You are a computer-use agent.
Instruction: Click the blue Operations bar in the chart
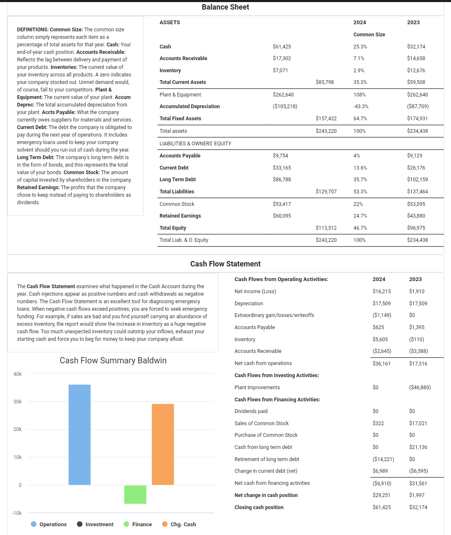[79, 434]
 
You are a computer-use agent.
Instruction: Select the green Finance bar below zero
[135, 494]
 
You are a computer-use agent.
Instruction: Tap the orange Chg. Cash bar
[163, 444]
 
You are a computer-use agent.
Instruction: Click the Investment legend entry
[95, 524]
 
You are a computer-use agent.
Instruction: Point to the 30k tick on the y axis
[18, 401]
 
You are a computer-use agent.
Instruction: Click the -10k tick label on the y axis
[17, 513]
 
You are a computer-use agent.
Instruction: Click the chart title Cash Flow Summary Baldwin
[113, 360]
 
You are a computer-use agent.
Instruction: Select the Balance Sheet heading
[225, 7]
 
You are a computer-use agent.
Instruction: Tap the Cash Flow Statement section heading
[225, 264]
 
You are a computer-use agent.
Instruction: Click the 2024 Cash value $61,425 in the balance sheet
[282, 47]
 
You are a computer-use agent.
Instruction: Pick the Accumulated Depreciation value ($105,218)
[285, 106]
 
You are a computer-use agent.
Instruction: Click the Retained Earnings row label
[180, 216]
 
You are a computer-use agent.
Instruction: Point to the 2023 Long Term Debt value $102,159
[417, 180]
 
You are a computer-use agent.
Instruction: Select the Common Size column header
[369, 35]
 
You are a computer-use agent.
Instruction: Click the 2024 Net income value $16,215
[382, 292]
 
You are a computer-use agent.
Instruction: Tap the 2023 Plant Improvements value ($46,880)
[420, 388]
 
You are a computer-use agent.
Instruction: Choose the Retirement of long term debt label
[266, 459]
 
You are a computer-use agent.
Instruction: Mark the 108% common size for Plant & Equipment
[359, 95]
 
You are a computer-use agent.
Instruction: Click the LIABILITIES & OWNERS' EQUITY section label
[195, 144]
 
